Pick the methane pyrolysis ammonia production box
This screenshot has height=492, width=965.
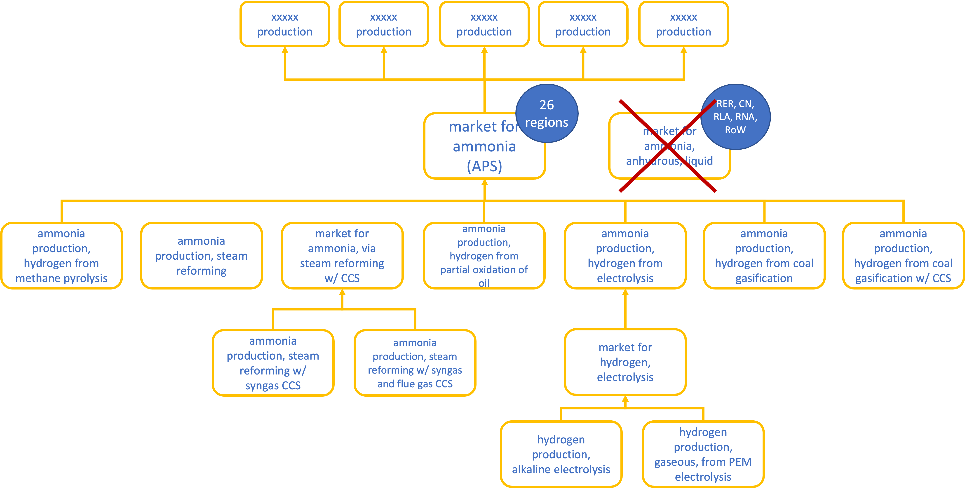61,256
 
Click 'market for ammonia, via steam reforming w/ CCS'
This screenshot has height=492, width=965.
342,256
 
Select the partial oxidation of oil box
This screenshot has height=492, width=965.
484,256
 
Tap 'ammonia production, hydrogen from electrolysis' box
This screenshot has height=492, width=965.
625,256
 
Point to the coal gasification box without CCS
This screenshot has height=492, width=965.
764,256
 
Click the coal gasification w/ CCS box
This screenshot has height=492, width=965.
903,256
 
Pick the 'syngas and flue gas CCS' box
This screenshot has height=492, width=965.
415,363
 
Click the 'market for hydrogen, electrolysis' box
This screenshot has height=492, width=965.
625,362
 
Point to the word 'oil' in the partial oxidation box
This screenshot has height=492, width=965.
484,283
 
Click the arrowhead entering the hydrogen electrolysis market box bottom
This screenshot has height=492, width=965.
625,399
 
